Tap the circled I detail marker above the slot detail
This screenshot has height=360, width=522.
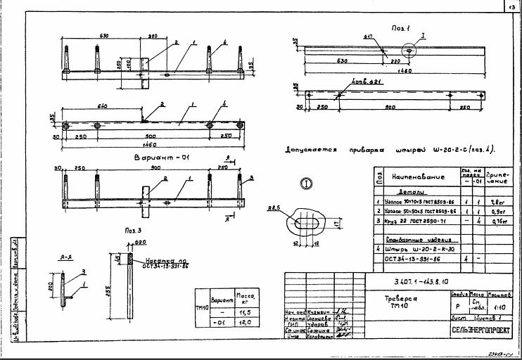point(305,184)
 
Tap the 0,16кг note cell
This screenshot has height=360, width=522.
point(496,221)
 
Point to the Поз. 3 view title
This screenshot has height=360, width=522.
point(134,230)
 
